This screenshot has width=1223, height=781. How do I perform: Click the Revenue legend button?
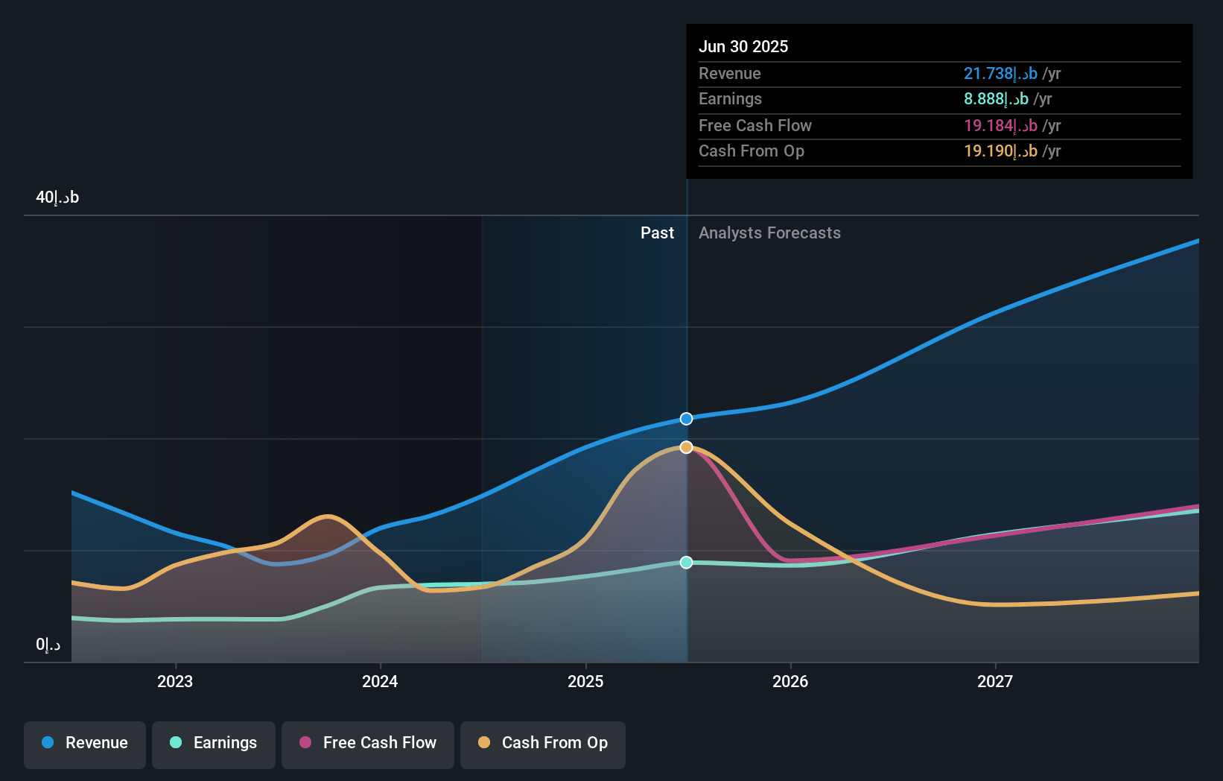coord(85,743)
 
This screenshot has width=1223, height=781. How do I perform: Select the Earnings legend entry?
coord(214,743)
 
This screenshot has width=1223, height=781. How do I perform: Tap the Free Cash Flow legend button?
coord(368,743)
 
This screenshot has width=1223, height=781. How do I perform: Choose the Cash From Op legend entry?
coord(543,743)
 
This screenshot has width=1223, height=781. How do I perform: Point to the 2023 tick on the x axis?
coord(175,681)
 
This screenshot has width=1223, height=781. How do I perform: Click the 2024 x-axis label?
coord(380,681)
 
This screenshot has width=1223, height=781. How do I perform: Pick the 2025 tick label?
coord(585,681)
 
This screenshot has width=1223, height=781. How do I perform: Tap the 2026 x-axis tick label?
coord(790,681)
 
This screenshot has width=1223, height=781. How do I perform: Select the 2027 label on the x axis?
coord(995,681)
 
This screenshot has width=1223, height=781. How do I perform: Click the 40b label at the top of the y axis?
coord(57,197)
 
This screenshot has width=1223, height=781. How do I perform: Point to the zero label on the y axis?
coord(48,645)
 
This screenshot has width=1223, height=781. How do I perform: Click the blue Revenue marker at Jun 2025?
coord(687,419)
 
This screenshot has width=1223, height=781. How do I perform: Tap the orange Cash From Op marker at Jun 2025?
coord(687,447)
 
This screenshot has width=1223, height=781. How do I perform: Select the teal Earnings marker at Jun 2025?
coord(687,563)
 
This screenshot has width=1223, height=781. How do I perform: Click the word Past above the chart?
coord(657,233)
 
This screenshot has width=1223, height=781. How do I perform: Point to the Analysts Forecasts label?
coord(769,233)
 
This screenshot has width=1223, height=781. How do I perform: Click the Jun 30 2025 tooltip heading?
coord(743,46)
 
